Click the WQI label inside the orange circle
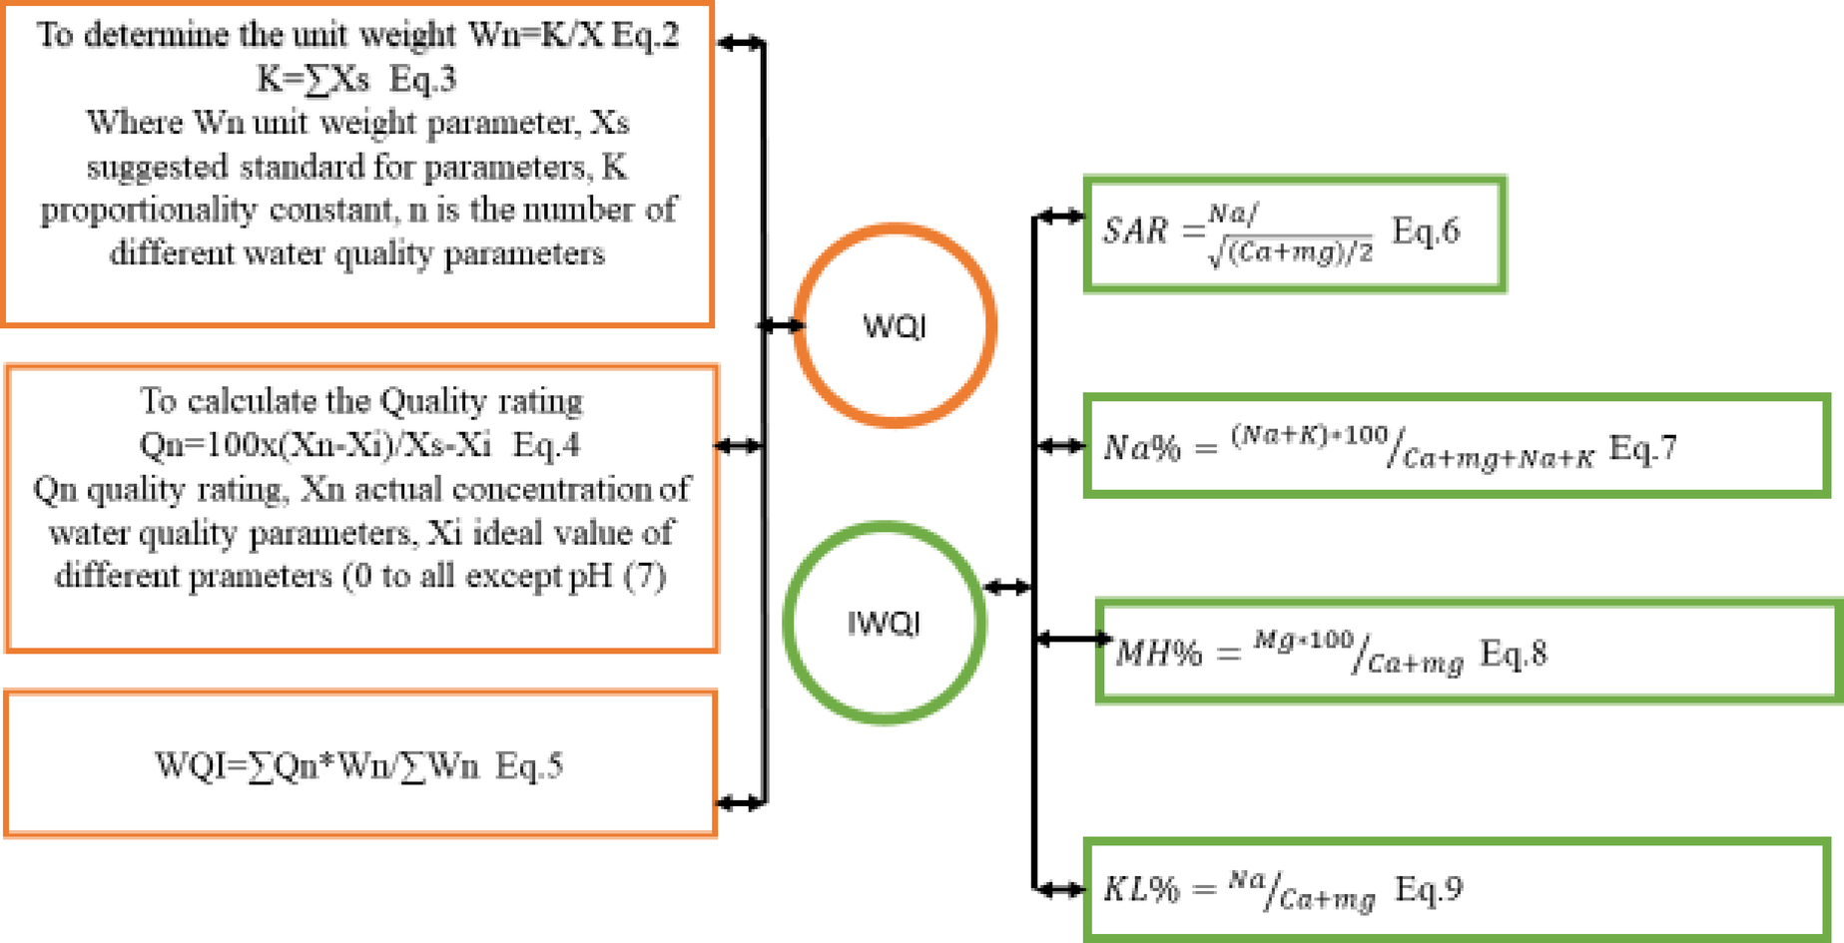click(x=894, y=326)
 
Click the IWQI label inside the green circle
click(x=884, y=624)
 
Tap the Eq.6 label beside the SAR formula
click(x=1426, y=231)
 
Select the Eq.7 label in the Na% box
click(x=1642, y=448)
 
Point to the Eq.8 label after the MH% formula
click(x=1514, y=653)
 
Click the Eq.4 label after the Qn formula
click(x=545, y=445)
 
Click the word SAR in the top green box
click(x=1135, y=231)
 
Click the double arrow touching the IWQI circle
click(x=1007, y=588)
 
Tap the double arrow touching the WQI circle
click(x=780, y=325)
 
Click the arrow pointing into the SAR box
click(x=1059, y=216)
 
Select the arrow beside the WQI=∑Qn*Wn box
click(x=740, y=802)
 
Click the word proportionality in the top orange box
click(x=149, y=211)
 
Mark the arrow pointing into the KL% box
click(x=1059, y=888)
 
